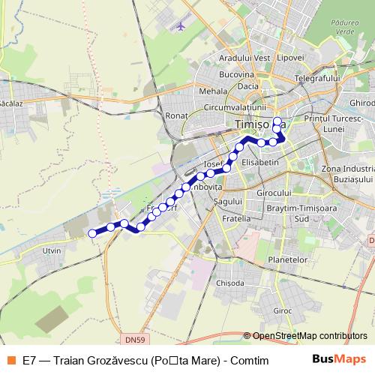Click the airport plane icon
click(x=180, y=25)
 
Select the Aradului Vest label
click(x=244, y=58)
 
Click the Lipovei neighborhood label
click(x=289, y=58)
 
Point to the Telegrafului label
click(x=317, y=78)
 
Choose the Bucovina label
click(x=236, y=75)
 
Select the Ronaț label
click(x=175, y=116)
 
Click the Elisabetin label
click(x=261, y=161)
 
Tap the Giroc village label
click(x=283, y=310)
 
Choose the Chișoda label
click(x=229, y=283)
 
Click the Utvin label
click(x=52, y=250)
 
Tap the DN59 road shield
click(x=136, y=340)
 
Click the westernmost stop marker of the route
click(x=93, y=233)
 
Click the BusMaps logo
click(x=339, y=359)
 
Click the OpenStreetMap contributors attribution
click(x=310, y=336)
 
